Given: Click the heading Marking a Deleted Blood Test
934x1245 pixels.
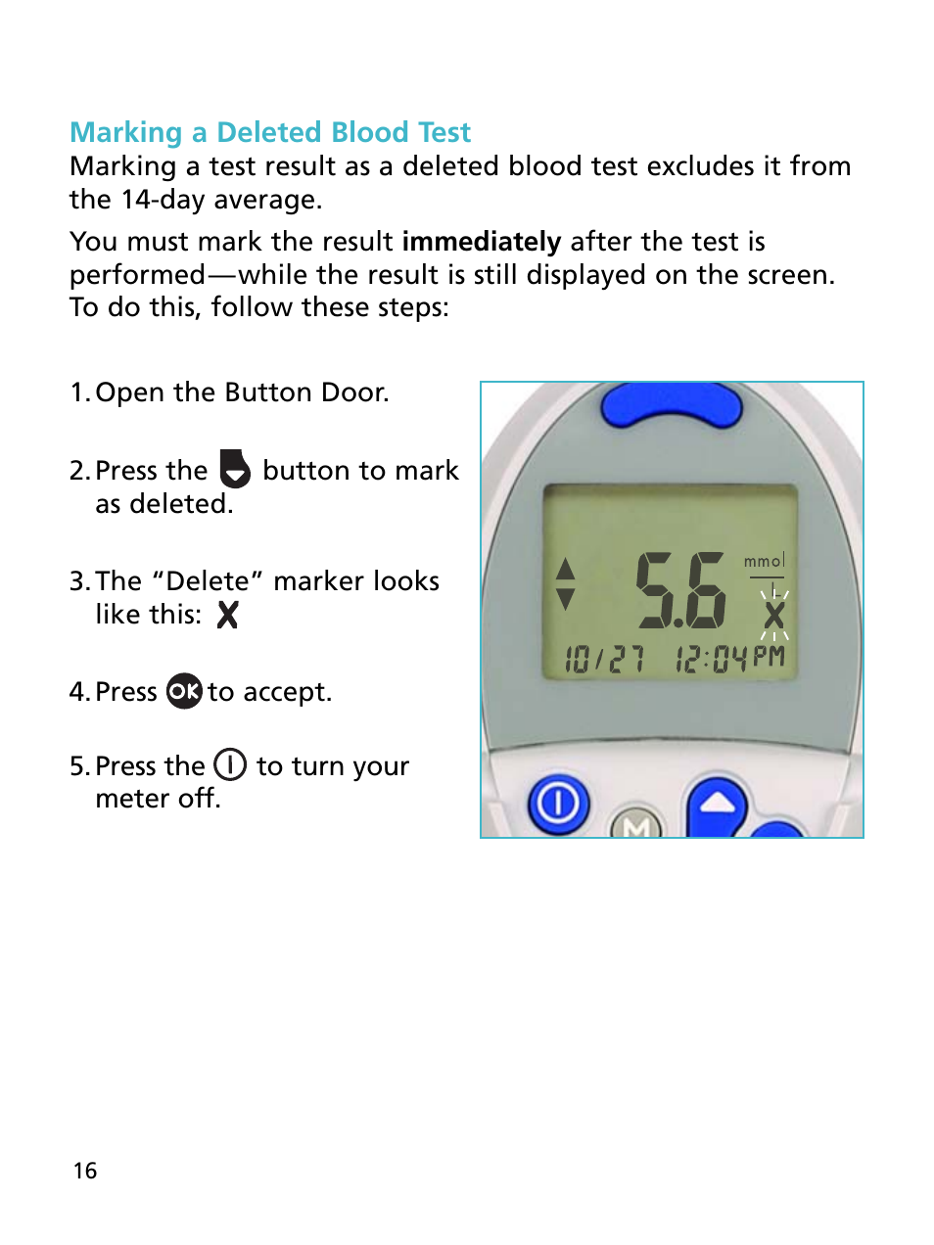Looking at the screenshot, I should (270, 132).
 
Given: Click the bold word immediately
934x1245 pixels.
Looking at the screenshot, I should (481, 242).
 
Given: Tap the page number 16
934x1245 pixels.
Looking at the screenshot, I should (85, 1171).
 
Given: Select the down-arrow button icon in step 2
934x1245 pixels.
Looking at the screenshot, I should (235, 469).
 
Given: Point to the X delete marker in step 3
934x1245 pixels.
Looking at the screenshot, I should (227, 616).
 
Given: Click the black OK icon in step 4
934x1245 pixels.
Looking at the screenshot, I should (184, 691).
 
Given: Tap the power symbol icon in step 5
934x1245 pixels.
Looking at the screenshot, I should (230, 764).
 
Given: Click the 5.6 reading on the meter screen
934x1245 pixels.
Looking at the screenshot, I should (680, 590).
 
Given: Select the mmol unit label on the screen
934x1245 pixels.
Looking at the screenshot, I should (764, 561).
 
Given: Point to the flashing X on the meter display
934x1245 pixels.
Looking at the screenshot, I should (773, 616).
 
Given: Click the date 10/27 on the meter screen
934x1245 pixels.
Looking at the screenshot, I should (604, 659).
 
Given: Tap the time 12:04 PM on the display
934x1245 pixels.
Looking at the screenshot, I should (729, 658).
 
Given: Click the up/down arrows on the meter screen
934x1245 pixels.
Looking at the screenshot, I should (565, 584).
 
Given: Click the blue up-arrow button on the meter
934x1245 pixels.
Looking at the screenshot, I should (718, 805).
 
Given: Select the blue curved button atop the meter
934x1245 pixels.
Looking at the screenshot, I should (672, 405).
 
